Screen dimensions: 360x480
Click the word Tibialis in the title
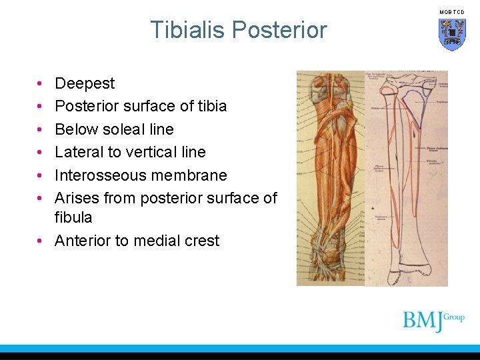pos(188,30)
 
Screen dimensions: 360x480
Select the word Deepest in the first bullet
pos(85,83)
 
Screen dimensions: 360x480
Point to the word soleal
pos(126,129)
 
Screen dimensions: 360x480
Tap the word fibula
pos(73,217)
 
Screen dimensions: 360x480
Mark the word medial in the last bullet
pos(155,241)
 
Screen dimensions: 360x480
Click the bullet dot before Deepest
pos(41,84)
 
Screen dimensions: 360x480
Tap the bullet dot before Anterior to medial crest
pos(41,241)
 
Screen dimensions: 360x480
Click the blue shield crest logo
pos(452,34)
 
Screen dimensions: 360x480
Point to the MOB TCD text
pos(452,12)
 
